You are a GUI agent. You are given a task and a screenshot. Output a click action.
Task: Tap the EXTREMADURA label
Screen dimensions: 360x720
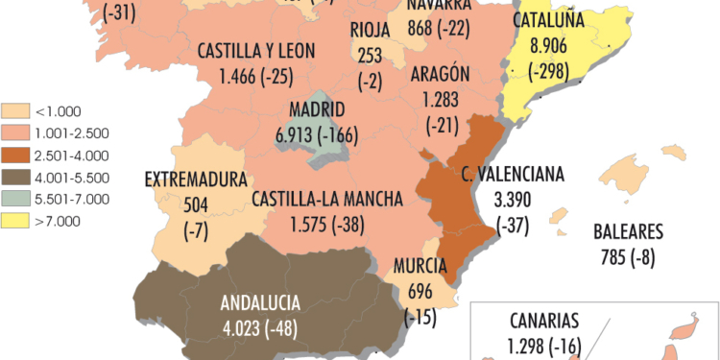[x=195, y=179]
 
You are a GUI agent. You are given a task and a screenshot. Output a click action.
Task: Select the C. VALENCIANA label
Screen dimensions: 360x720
[x=514, y=175]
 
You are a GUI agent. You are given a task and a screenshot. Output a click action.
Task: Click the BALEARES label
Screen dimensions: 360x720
[x=628, y=232]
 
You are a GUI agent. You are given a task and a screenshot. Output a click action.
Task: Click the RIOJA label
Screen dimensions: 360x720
[x=370, y=28]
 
